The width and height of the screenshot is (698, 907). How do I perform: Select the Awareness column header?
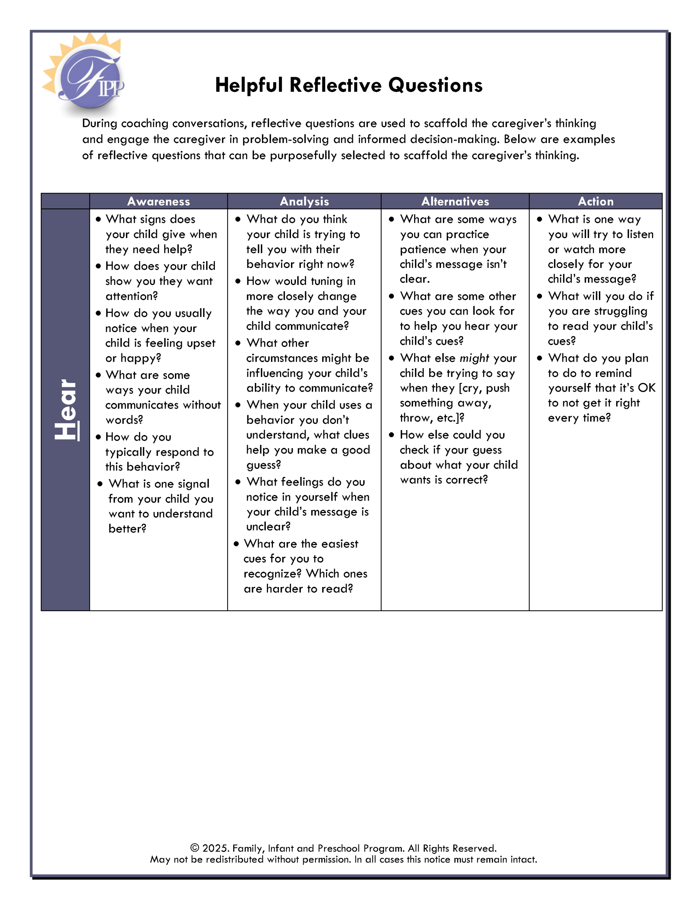tap(159, 201)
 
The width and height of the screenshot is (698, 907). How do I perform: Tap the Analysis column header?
tap(304, 201)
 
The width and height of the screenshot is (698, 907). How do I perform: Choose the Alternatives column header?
tap(455, 201)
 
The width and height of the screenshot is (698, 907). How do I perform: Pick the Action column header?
tap(595, 201)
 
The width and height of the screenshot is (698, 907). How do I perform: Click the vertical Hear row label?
tap(66, 410)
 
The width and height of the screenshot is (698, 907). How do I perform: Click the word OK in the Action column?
tap(646, 388)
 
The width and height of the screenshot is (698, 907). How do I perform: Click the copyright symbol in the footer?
tap(195, 848)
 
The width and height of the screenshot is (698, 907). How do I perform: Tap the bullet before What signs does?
tap(98, 219)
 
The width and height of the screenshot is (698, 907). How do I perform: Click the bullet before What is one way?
tap(539, 219)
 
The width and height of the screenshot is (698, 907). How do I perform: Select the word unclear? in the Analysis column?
tap(268, 526)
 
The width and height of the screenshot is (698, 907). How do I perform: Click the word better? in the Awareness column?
tap(127, 529)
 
